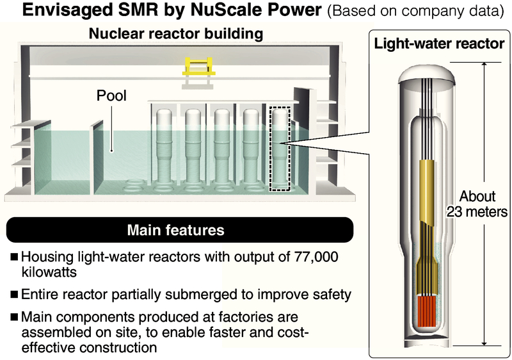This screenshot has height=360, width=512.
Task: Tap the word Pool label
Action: (111, 96)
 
